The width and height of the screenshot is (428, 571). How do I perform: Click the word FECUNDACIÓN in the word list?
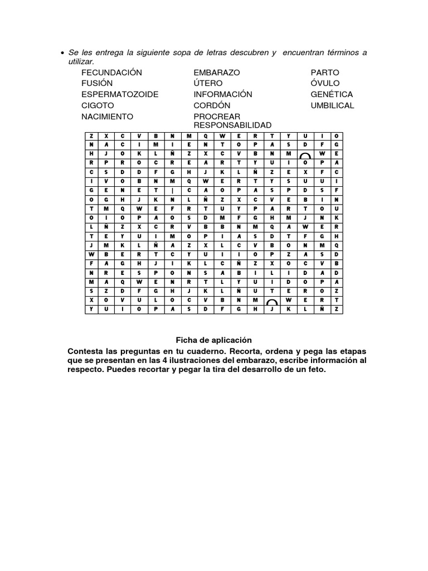click(x=111, y=72)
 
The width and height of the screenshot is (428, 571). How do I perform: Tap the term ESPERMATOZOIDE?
click(x=120, y=94)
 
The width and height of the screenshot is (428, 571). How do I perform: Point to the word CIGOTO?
click(x=98, y=105)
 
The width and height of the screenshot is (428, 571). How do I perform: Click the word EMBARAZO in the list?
click(x=217, y=72)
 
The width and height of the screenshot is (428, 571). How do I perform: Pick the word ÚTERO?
click(x=208, y=83)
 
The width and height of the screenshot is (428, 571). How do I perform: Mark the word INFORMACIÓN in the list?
click(x=223, y=94)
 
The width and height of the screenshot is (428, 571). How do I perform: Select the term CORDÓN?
click(x=212, y=105)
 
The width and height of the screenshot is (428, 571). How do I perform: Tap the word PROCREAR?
click(x=217, y=117)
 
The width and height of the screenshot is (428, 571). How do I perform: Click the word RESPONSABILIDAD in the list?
click(x=232, y=125)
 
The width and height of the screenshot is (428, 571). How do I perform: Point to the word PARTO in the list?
click(x=325, y=72)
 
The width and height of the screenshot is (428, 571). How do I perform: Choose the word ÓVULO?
click(x=325, y=83)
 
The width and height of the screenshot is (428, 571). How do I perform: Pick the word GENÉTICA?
click(x=332, y=94)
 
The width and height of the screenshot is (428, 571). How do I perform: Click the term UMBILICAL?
click(x=332, y=105)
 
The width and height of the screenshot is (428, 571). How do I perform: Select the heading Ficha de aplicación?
click(x=214, y=340)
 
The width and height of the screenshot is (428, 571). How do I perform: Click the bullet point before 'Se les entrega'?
click(x=62, y=54)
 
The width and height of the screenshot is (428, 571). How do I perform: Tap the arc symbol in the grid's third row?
click(x=305, y=154)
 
